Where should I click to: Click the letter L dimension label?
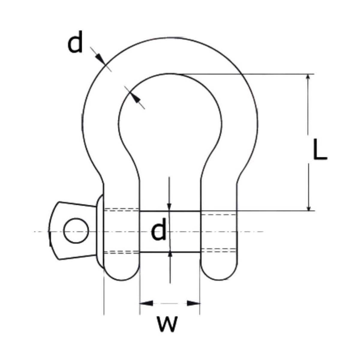click(x=320, y=149)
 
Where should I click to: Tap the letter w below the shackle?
click(x=167, y=323)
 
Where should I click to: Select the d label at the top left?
click(x=75, y=44)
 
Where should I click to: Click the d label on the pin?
click(x=158, y=229)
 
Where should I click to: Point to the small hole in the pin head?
click(x=76, y=230)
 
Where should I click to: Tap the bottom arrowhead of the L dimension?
click(x=308, y=207)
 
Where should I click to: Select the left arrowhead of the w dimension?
click(x=146, y=303)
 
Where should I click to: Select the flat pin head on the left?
click(x=60, y=230)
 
